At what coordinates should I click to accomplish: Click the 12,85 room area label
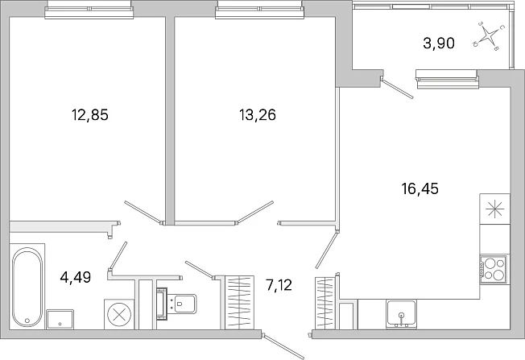coord(90,115)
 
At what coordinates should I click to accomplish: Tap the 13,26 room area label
coord(258,115)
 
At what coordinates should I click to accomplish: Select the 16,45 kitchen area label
coord(420,188)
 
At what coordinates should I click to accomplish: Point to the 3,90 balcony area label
coord(439,43)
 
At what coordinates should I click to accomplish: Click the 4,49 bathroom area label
coord(76,277)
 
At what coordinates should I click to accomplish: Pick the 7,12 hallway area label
coord(279,285)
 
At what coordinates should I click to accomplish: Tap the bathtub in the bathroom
coord(27,287)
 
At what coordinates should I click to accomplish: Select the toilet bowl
coord(177,304)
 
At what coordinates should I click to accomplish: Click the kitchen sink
coord(402,314)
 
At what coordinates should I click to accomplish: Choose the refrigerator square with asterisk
coord(495,209)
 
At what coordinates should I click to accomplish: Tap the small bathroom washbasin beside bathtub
coord(60,320)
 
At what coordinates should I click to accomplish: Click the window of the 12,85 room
coord(89,10)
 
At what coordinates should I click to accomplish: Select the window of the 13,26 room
coord(260,10)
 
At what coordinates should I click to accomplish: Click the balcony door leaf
coord(397,88)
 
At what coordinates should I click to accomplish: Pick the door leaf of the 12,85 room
coord(143,213)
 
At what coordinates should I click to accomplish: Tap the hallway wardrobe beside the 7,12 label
coord(239,302)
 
